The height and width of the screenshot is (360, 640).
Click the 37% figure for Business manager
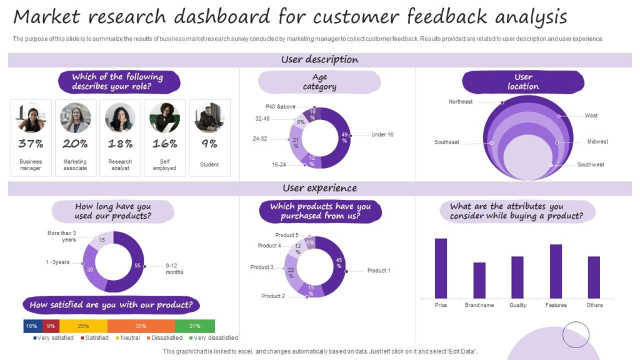pyautogui.click(x=31, y=144)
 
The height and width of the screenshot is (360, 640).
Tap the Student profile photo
pyautogui.click(x=209, y=118)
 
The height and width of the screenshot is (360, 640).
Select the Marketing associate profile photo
pyautogui.click(x=76, y=118)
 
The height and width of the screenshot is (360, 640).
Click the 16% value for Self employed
pyautogui.click(x=165, y=144)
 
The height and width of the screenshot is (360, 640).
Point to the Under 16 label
pyautogui.click(x=382, y=135)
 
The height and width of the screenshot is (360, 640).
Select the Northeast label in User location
pyautogui.click(x=461, y=101)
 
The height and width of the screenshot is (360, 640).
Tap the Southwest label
pyautogui.click(x=591, y=165)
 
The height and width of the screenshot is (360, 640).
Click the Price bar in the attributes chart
pyautogui.click(x=441, y=268)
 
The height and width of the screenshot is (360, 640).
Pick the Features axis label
pyautogui.click(x=556, y=305)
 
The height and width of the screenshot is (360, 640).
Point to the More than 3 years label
pyautogui.click(x=62, y=236)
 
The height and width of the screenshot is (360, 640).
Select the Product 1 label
pyautogui.click(x=378, y=271)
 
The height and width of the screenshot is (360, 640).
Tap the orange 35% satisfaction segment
pyautogui.click(x=141, y=326)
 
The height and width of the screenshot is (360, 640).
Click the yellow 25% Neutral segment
pyautogui.click(x=83, y=326)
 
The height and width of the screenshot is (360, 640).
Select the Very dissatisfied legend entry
pyautogui.click(x=212, y=338)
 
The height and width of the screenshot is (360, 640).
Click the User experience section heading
pyautogui.click(x=319, y=188)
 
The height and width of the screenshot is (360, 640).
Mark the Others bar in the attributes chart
pyautogui.click(x=594, y=277)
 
